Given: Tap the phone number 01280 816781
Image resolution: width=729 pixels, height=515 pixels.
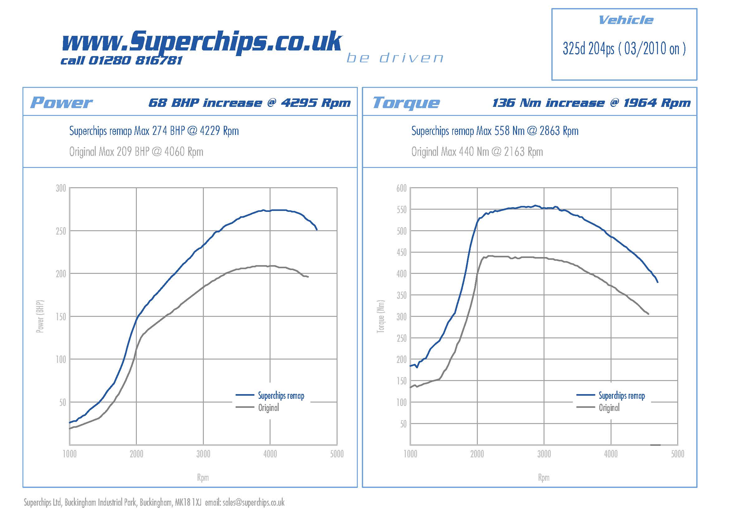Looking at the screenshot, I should click(x=135, y=60).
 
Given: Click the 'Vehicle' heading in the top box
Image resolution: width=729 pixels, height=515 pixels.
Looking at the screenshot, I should click(x=626, y=20).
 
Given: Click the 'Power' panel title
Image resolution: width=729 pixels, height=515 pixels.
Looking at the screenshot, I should click(x=61, y=103).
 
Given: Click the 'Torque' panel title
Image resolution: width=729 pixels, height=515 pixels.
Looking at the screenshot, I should click(x=406, y=103).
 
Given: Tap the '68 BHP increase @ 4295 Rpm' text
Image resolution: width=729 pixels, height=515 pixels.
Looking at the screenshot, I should click(x=250, y=103).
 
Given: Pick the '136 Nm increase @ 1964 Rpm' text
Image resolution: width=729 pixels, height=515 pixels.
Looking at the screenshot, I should click(x=591, y=103).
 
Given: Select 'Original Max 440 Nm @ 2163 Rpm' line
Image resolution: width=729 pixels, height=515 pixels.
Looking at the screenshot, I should click(x=477, y=152).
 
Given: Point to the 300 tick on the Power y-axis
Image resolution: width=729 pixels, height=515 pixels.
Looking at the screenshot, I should click(x=61, y=188).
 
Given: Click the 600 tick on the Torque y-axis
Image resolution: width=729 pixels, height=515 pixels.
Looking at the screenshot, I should click(x=401, y=188).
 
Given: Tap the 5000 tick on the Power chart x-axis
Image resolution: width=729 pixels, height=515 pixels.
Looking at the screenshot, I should click(x=337, y=454).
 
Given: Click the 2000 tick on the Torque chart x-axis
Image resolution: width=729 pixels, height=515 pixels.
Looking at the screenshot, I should click(x=477, y=454).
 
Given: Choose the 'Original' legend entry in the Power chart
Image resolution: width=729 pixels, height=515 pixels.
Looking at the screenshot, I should click(x=269, y=408).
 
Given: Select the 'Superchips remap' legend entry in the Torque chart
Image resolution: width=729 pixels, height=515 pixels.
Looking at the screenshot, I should click(x=622, y=395).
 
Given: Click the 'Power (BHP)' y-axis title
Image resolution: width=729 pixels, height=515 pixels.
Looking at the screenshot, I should click(x=40, y=316).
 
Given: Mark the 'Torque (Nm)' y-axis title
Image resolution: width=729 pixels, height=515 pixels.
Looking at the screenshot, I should click(x=380, y=316).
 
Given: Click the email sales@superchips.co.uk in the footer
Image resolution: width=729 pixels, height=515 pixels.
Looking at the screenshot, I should click(x=253, y=502).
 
